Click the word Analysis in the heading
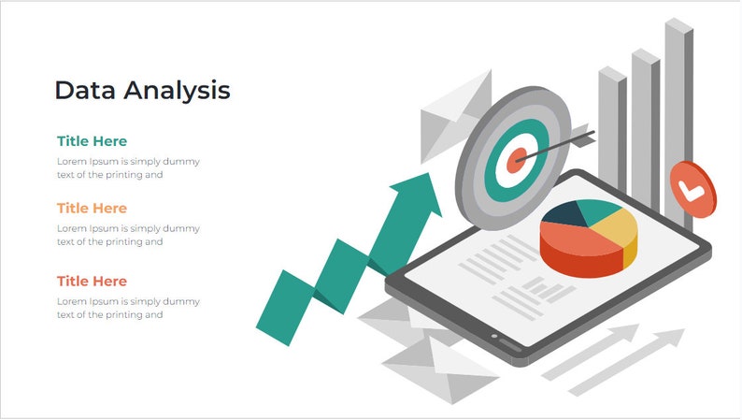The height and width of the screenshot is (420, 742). tap(178, 92)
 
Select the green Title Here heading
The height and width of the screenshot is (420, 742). tap(92, 141)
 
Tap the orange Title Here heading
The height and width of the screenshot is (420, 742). tap(92, 208)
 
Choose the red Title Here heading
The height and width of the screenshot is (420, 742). tap(92, 281)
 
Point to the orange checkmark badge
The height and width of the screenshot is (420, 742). tap(692, 190)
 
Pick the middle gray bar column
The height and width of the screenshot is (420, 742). tap(645, 122)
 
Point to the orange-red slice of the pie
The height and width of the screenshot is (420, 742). tap(579, 250)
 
